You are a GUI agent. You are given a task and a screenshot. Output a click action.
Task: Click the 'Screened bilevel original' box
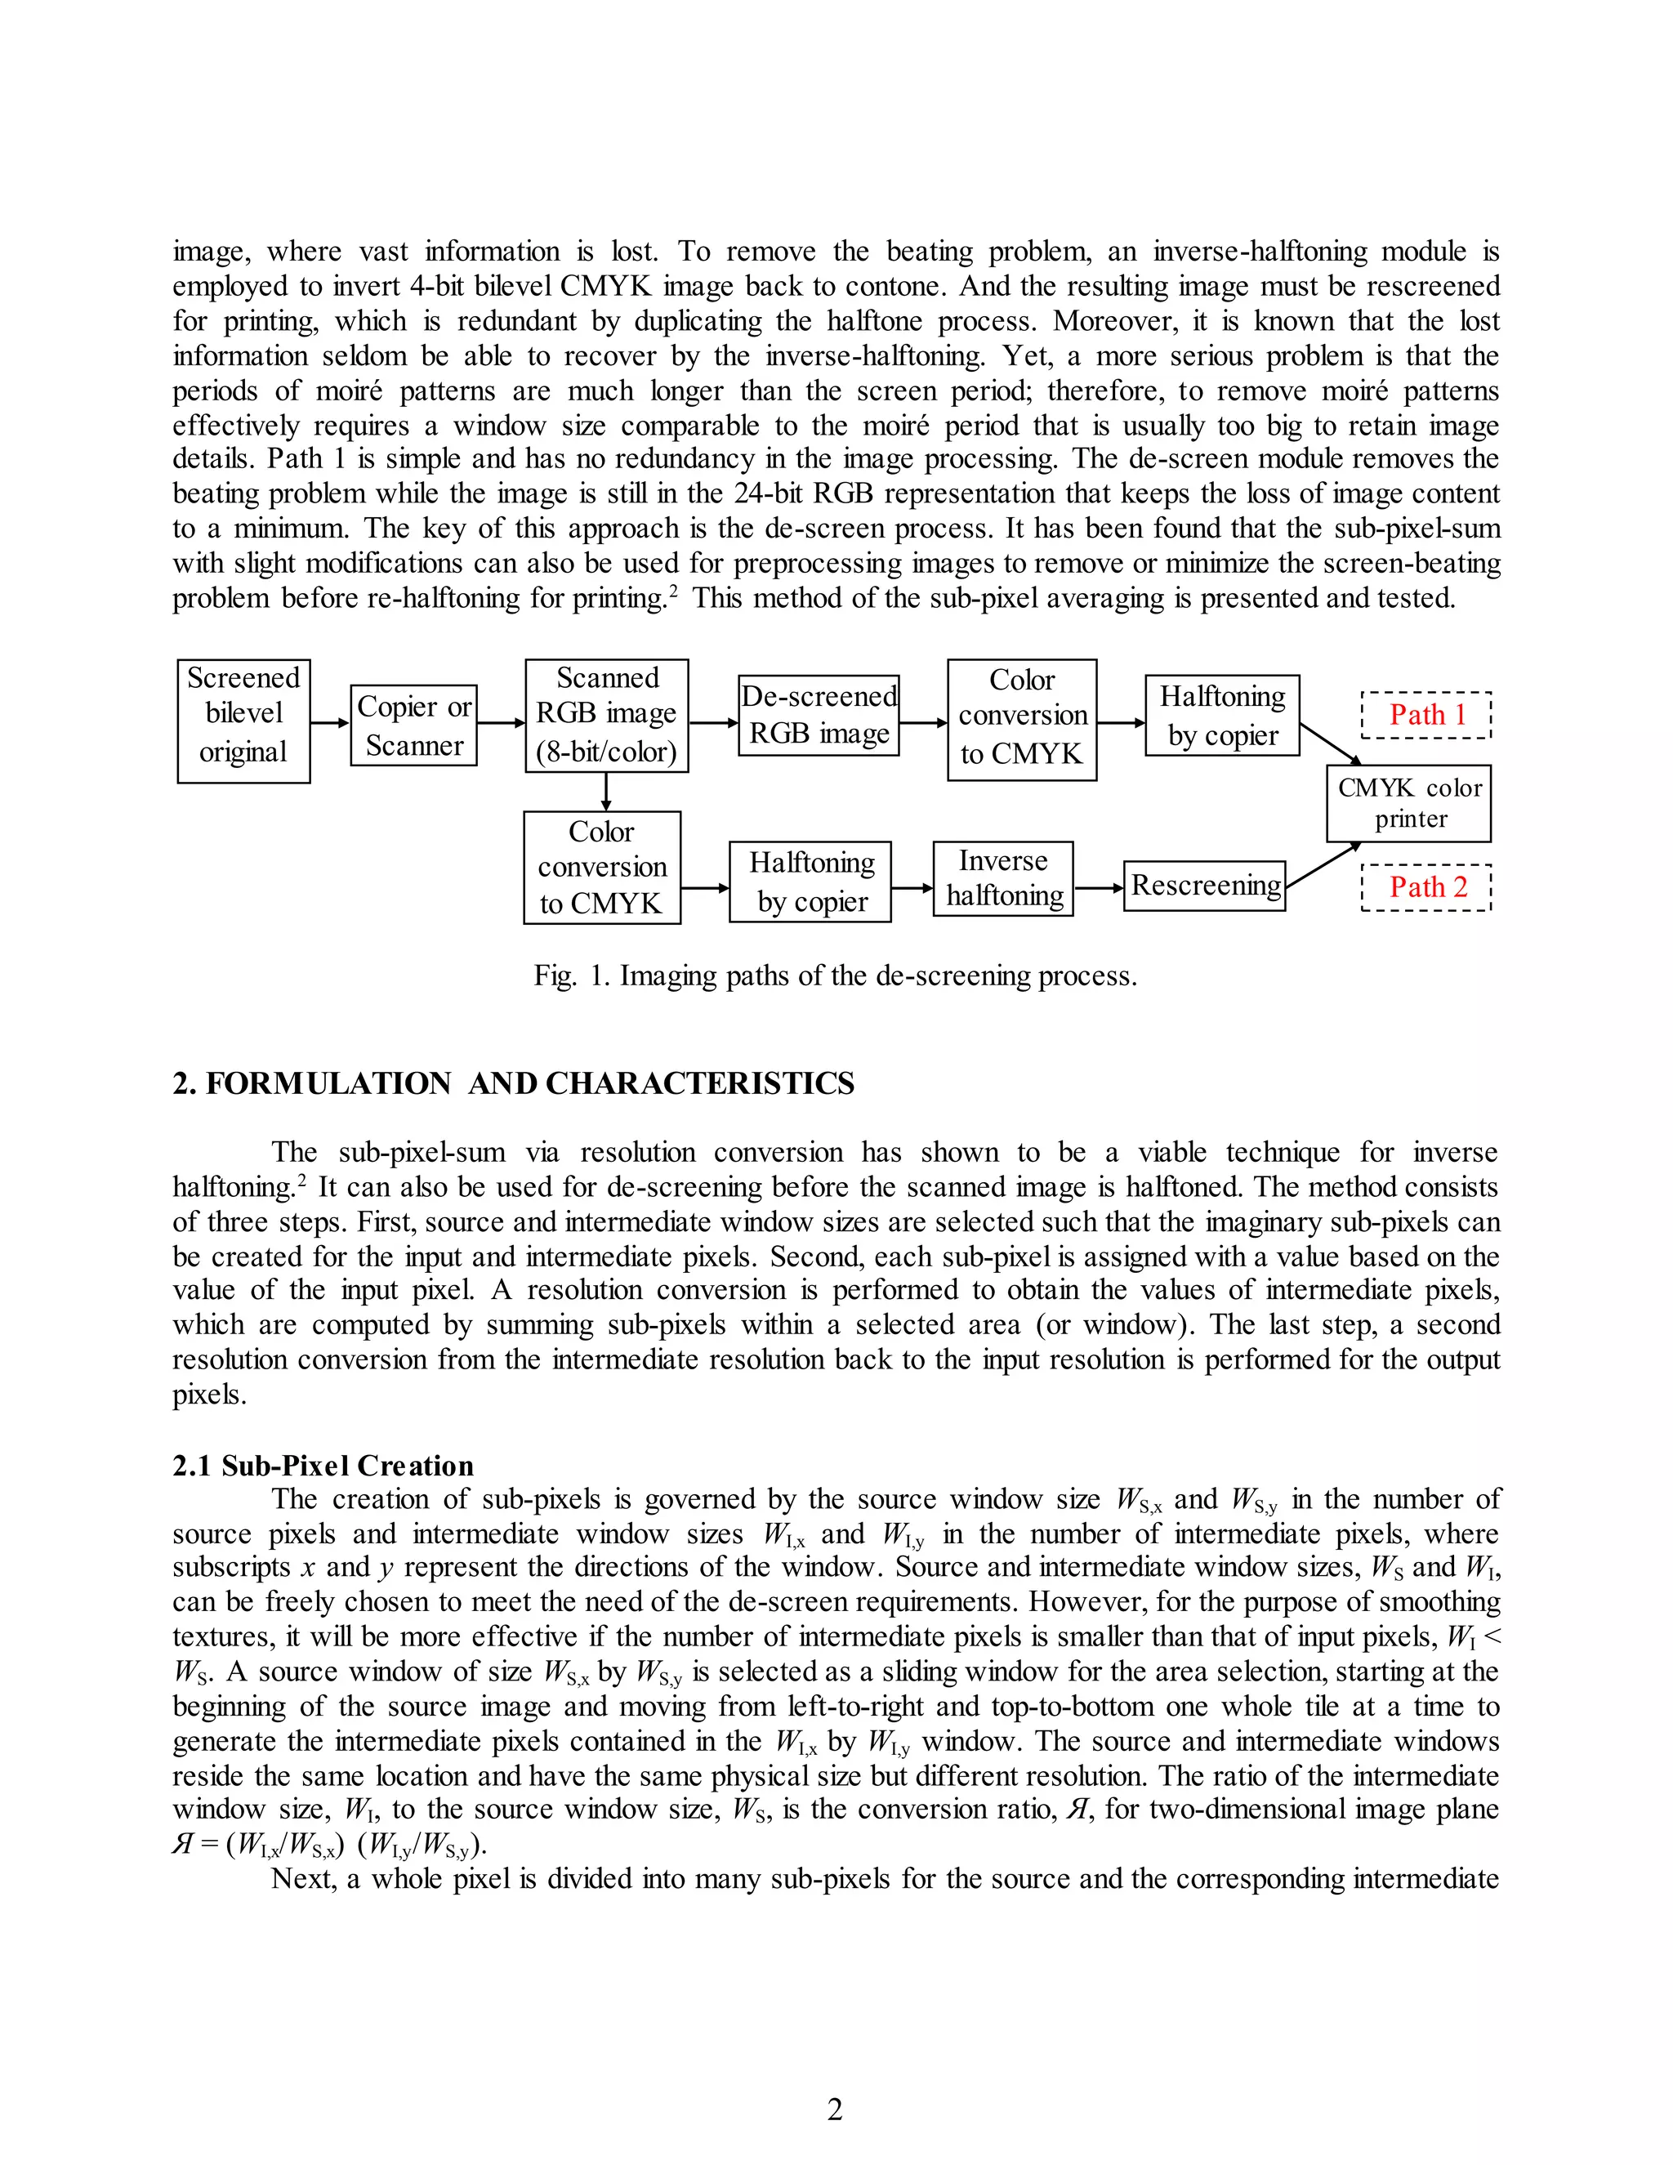243,721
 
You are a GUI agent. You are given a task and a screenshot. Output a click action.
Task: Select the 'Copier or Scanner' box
413,725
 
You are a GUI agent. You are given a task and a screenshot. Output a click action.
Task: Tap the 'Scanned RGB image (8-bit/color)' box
607,716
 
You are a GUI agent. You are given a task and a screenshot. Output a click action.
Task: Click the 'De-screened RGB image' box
819,715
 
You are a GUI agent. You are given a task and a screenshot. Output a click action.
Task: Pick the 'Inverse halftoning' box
1003,878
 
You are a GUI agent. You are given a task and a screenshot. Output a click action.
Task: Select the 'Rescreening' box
1204,886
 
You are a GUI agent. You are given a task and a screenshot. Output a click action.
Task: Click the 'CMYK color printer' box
1408,803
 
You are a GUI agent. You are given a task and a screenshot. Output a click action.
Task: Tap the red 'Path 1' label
1426,715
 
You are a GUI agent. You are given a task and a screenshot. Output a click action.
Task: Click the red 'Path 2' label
1426,887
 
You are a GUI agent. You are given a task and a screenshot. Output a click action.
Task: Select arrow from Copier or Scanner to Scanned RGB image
501,724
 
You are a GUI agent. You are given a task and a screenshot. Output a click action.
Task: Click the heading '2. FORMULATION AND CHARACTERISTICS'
513,1083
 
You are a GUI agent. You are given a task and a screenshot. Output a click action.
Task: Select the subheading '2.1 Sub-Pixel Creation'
323,1465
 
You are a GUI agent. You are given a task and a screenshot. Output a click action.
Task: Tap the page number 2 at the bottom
835,2109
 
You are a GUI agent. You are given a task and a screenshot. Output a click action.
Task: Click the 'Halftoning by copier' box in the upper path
1221,716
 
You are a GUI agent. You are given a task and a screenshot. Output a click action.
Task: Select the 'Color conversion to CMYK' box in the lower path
601,868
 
